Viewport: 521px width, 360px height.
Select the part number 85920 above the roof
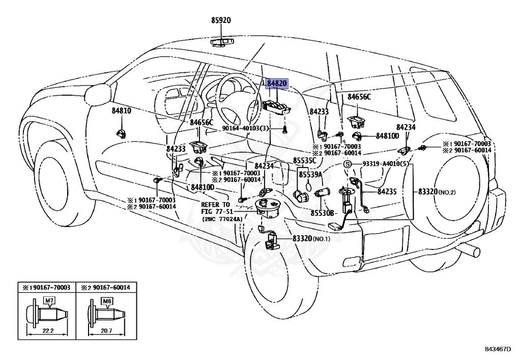221,21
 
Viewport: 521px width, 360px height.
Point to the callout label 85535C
305,161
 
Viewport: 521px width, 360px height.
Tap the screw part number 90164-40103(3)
245,129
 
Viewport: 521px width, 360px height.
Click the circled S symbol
348,164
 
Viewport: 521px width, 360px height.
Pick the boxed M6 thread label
106,300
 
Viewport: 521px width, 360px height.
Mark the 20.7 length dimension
106,330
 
